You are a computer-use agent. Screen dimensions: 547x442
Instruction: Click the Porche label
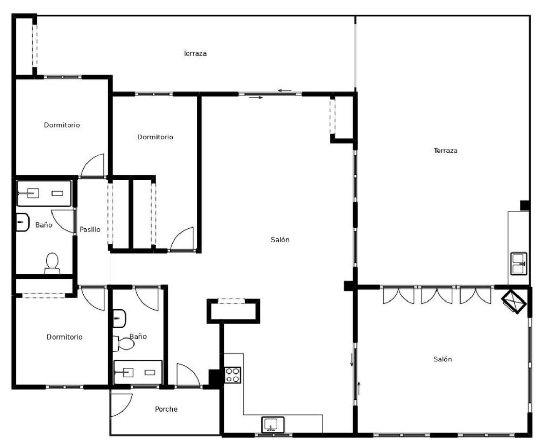[x=166, y=409]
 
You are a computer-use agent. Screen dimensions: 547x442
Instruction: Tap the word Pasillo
[x=90, y=229]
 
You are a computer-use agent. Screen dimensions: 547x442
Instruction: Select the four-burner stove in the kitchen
[x=233, y=375]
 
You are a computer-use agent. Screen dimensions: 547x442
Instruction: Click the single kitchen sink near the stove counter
[x=273, y=425]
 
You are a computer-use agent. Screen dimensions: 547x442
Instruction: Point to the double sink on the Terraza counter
[x=519, y=264]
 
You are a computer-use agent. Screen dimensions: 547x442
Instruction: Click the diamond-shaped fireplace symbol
[x=514, y=302]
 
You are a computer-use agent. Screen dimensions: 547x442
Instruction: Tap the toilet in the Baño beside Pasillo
[x=52, y=263]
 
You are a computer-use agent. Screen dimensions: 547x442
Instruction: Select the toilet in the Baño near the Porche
[x=123, y=344]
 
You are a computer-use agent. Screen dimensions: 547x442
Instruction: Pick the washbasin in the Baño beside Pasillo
[x=22, y=222]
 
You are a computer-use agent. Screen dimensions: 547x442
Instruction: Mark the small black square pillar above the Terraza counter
[x=525, y=205]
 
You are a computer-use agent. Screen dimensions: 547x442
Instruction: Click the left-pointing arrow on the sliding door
[x=284, y=90]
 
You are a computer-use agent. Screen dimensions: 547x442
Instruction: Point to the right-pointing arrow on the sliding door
[x=256, y=97]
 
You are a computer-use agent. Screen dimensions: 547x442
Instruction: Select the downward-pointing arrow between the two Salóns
[x=352, y=360]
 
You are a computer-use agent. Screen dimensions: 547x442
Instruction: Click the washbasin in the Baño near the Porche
[x=119, y=318]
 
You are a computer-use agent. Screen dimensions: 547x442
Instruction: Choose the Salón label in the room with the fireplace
[x=442, y=359]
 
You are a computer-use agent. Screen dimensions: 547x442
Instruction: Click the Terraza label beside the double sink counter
[x=445, y=150]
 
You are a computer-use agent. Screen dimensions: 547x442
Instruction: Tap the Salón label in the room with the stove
[x=280, y=240]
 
